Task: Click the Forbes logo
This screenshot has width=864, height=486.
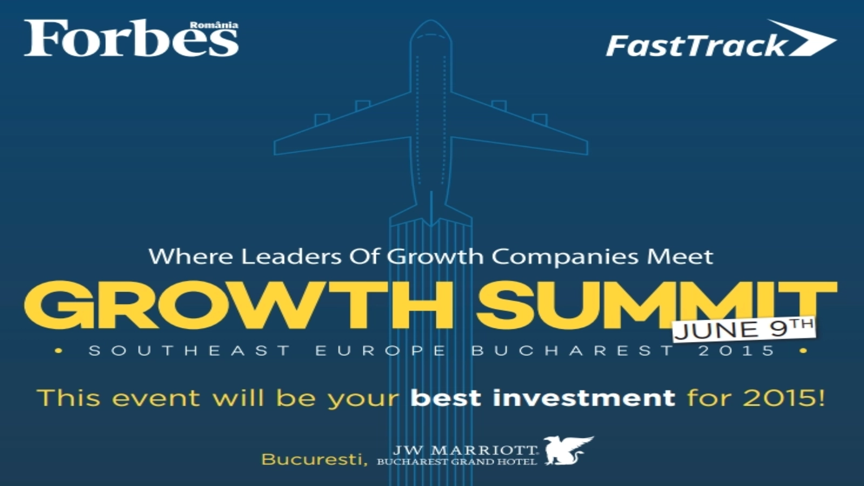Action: [131, 38]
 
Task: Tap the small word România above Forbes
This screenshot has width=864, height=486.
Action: [214, 25]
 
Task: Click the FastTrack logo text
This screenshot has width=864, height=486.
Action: [696, 46]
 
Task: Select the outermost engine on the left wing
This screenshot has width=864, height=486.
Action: [322, 119]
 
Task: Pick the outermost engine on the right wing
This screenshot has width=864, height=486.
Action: [539, 119]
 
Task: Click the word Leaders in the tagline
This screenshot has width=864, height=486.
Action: [291, 256]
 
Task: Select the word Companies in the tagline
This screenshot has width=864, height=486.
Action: [565, 257]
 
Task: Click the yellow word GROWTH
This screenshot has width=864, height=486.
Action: [238, 305]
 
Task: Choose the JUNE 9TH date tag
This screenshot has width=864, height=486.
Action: [744, 329]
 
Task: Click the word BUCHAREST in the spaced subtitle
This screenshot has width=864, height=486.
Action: [572, 350]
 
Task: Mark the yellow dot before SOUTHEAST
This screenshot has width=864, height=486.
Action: [59, 351]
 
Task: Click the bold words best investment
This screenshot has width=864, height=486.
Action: [543, 398]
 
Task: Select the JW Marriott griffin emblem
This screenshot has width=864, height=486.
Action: [568, 450]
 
